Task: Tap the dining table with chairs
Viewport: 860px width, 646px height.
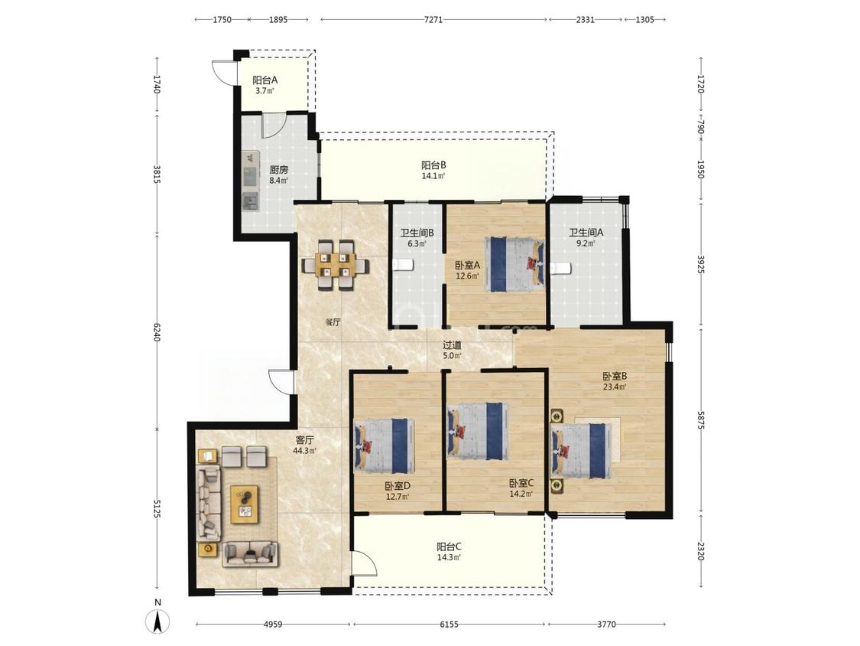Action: (335, 264)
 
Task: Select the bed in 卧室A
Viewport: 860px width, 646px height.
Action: (515, 264)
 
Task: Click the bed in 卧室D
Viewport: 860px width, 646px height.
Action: (385, 446)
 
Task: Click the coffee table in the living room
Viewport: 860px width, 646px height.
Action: (245, 504)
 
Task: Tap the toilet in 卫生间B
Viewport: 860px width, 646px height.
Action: (402, 266)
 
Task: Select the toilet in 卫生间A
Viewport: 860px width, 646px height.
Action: (561, 268)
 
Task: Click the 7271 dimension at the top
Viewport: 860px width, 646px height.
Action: (433, 20)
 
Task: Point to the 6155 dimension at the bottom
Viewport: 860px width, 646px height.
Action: (449, 625)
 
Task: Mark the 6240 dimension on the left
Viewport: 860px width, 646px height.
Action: (157, 332)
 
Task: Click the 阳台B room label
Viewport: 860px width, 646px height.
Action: (434, 165)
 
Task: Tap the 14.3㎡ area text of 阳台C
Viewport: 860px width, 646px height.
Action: (449, 557)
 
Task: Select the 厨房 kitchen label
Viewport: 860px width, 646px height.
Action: (278, 170)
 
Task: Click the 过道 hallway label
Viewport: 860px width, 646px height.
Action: (452, 345)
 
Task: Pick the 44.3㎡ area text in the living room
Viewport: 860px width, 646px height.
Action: (305, 451)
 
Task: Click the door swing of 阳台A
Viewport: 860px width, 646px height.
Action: (223, 71)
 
